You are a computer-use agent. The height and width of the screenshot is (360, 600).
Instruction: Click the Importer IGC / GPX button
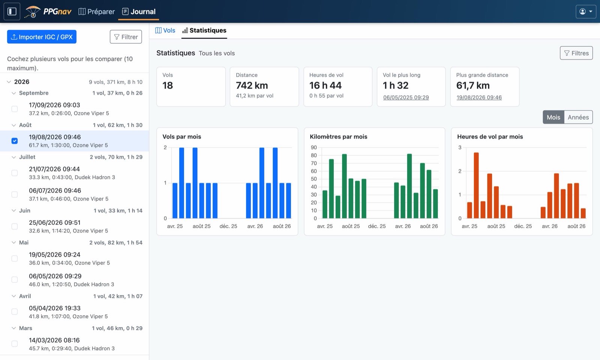click(x=42, y=37)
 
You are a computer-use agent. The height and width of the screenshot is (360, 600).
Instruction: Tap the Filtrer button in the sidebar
click(x=126, y=37)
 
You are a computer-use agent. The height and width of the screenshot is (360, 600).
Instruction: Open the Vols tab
click(x=165, y=30)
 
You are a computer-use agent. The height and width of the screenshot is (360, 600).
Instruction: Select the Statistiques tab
click(x=204, y=30)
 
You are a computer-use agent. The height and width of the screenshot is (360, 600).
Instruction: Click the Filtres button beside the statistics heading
click(x=576, y=53)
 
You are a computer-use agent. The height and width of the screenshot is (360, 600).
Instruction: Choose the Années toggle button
click(x=578, y=117)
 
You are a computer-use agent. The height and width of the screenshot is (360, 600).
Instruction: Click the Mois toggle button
click(x=553, y=117)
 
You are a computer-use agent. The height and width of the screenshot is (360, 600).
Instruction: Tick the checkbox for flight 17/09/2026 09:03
click(x=15, y=109)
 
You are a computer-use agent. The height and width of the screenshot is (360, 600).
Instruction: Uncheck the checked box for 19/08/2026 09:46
click(x=15, y=141)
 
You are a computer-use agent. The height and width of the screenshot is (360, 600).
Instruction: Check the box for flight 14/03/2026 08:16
click(x=15, y=343)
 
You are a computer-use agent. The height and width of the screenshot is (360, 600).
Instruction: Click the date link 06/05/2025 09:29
click(x=406, y=97)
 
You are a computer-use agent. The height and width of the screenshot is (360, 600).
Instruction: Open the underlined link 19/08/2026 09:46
click(x=479, y=97)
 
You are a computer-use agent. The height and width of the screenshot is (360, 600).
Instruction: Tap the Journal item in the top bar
click(x=138, y=12)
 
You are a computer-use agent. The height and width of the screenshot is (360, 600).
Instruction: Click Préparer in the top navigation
click(x=96, y=12)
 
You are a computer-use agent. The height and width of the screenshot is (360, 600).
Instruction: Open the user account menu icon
click(x=586, y=11)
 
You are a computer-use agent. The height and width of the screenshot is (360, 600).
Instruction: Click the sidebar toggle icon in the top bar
click(x=12, y=11)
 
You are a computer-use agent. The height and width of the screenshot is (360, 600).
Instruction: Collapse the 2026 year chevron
click(x=9, y=82)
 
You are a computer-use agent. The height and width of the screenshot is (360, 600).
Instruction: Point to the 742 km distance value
click(x=252, y=85)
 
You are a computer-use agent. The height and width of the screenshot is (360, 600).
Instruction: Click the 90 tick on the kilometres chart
click(x=313, y=148)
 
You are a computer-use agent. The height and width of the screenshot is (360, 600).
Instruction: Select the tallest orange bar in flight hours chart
click(x=476, y=185)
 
